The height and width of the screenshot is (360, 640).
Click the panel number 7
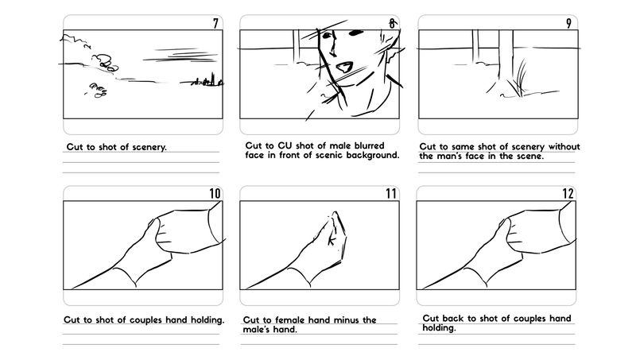coord(215,24)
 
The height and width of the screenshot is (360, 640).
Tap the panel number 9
coord(568,24)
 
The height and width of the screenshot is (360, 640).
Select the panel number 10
coord(215,193)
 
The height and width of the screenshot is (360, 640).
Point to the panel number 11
coord(391,193)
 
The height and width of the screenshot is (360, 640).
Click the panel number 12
coord(568,193)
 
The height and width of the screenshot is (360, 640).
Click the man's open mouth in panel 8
coord(343,67)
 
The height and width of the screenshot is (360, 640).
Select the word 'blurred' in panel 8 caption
coord(369,145)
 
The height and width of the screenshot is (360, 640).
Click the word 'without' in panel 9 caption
coord(564,146)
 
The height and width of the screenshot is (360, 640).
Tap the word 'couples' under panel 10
coord(146,320)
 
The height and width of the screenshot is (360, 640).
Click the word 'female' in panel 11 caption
coord(291,320)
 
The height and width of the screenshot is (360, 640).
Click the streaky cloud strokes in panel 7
coord(180,56)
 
